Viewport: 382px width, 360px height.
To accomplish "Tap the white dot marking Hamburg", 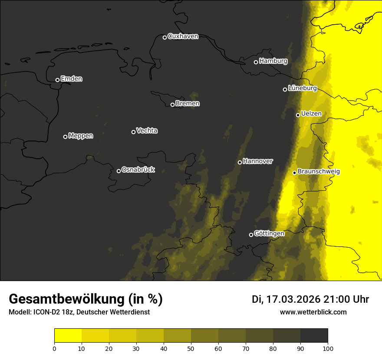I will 256,62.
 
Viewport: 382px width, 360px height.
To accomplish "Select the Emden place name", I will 71,79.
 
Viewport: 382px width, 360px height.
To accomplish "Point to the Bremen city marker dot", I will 172,105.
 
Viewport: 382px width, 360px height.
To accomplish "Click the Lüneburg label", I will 302,88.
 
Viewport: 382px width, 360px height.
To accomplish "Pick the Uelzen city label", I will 311,114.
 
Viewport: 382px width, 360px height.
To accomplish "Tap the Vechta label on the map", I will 147,131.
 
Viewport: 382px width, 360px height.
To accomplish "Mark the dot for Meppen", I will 65,137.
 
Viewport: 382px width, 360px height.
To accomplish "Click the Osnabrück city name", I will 138,170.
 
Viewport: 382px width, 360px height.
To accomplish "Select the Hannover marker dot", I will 240,162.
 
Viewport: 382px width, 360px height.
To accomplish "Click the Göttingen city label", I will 269,233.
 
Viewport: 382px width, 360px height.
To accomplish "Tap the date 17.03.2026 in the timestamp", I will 293,299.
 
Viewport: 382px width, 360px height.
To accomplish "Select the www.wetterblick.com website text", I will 313,312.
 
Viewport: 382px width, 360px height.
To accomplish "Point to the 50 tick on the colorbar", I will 191,348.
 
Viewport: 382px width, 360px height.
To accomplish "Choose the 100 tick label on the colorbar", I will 328,348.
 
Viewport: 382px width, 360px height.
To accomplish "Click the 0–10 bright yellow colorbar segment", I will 68,336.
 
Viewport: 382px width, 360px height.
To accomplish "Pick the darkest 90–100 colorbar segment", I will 314,336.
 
